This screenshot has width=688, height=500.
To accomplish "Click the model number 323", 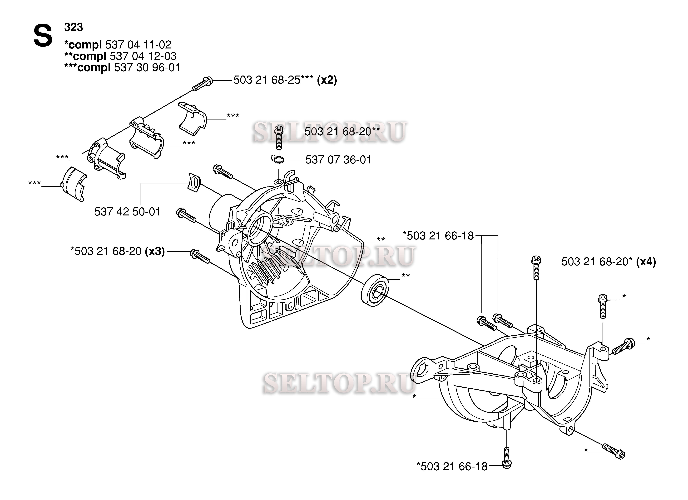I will (x=73, y=27).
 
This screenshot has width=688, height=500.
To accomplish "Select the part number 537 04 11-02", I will (x=138, y=45).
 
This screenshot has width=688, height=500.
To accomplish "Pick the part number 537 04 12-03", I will (x=143, y=56).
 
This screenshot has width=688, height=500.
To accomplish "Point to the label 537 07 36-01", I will (x=338, y=160).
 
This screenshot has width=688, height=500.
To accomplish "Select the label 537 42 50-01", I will (x=127, y=212).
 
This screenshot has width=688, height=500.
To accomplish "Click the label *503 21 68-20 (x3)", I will (x=117, y=251).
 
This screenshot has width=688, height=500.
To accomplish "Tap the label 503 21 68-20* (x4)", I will (x=609, y=262).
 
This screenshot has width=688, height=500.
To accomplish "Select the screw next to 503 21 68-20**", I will (x=279, y=138).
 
